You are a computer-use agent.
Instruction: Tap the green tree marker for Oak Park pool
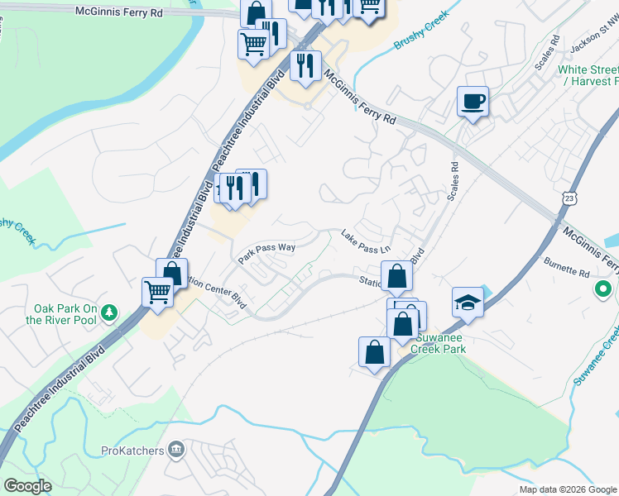pos(108,313)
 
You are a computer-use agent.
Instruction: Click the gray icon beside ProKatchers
pos(175,449)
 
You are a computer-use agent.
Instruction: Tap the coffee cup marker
pos(473,103)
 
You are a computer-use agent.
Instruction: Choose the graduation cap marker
pos(468,302)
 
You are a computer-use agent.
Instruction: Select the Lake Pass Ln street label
pos(365,242)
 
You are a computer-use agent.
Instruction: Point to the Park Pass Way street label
pos(266,252)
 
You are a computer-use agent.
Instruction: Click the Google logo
pos(27,486)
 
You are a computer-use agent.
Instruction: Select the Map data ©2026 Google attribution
pos(567,489)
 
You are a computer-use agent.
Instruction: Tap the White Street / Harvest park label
pos(588,76)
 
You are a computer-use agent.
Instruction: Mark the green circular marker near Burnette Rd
pos(604,290)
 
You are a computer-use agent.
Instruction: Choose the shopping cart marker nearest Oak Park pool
pos(157,292)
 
